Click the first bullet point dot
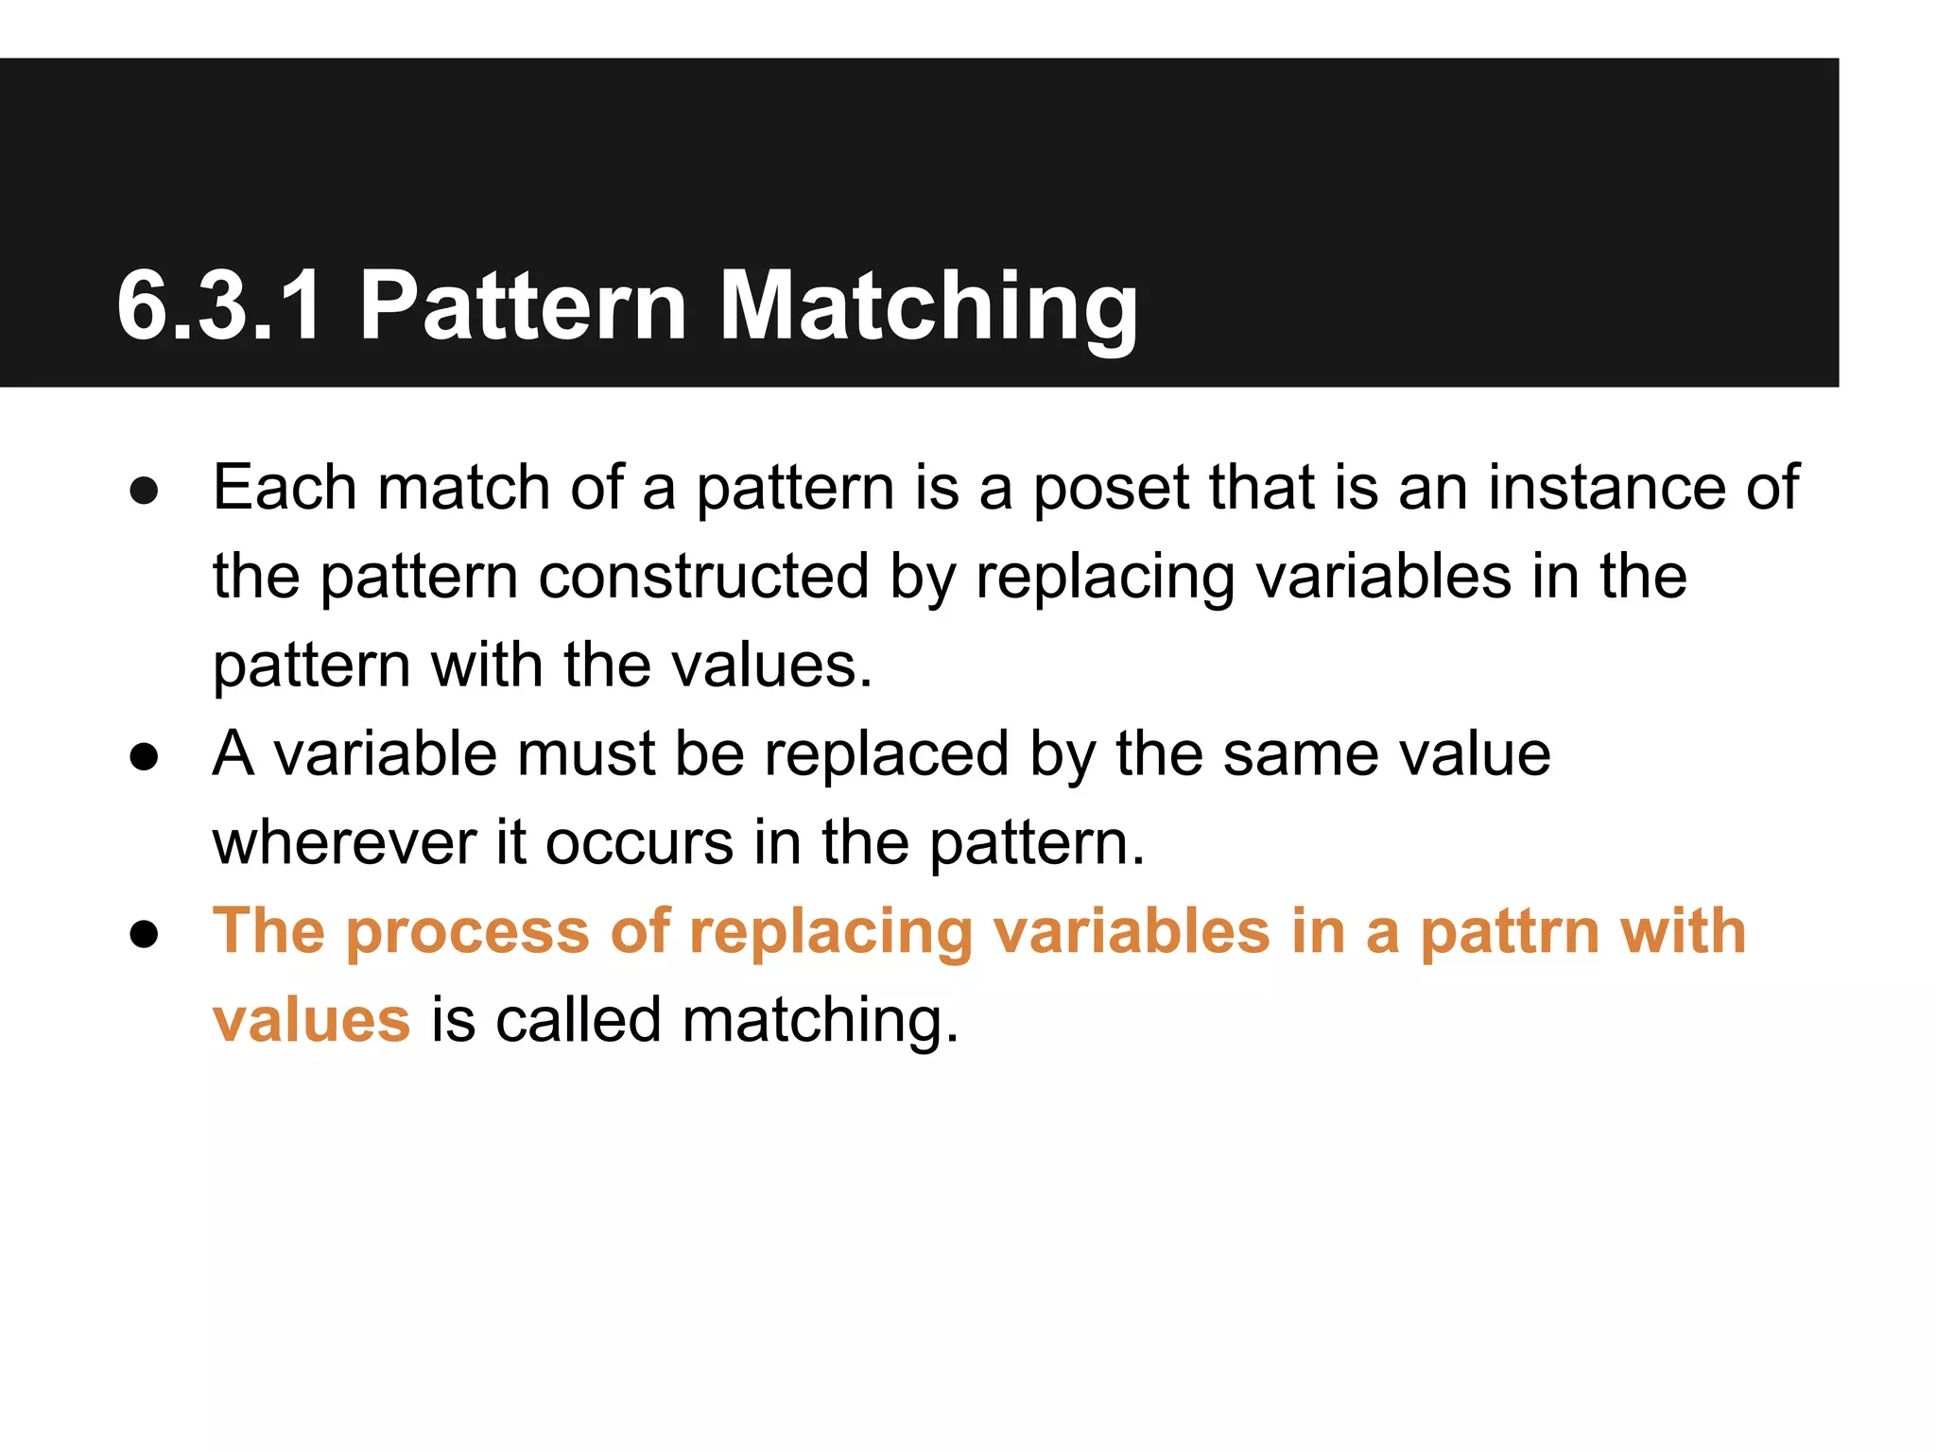click(x=144, y=490)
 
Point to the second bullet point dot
click(x=144, y=756)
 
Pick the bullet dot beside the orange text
click(x=144, y=934)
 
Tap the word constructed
click(x=703, y=577)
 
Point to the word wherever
click(x=344, y=843)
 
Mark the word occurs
click(x=639, y=843)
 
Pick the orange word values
click(x=311, y=1021)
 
